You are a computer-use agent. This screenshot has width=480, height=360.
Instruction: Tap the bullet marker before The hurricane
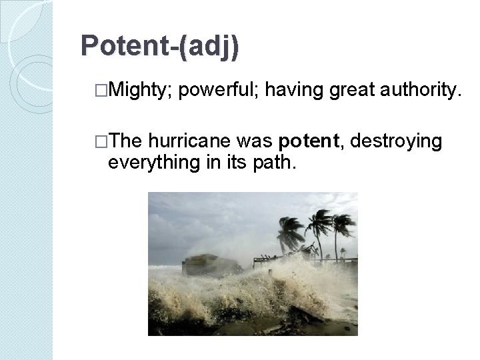[x=101, y=141]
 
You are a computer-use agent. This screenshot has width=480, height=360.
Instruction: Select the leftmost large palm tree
[x=291, y=230]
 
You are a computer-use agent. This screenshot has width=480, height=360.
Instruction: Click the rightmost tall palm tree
[x=343, y=227]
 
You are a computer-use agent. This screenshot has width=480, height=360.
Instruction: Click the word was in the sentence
[x=254, y=141]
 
